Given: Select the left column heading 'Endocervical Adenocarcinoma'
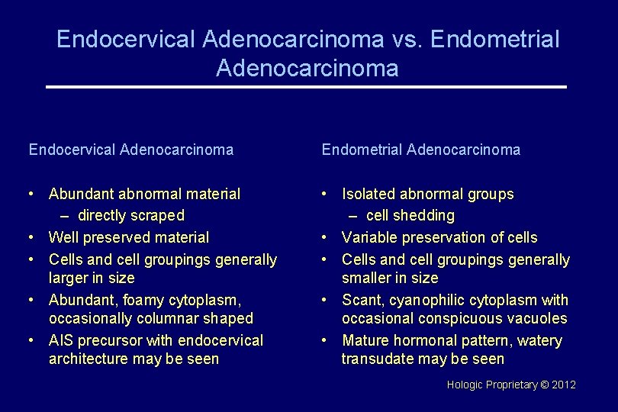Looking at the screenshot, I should tap(131, 150).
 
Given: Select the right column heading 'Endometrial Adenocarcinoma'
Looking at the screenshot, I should tap(421, 150).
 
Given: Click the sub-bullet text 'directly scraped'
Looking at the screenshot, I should tap(131, 216).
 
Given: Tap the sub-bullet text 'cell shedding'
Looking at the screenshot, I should tap(410, 216).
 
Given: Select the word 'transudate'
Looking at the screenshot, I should tap(376, 359).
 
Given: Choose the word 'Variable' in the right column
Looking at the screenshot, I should tap(369, 238).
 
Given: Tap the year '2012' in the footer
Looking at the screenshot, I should tap(563, 385).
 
